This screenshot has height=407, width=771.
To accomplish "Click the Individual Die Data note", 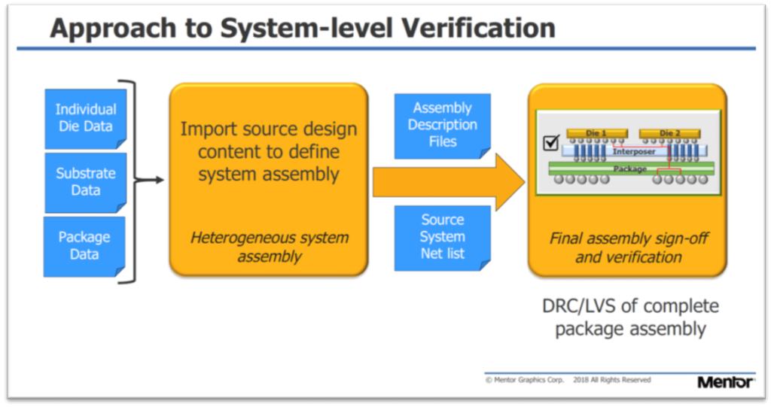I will (86, 118).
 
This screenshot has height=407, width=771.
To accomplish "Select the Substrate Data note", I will (86, 181).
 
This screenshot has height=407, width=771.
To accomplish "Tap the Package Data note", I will (84, 245).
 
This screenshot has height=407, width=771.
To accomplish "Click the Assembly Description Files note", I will (443, 124).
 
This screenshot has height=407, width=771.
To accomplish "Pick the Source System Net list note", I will (443, 236).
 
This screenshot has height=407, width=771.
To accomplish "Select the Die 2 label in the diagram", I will (669, 133).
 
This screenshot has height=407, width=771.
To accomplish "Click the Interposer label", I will (633, 152).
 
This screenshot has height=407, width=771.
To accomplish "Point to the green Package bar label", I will (630, 169).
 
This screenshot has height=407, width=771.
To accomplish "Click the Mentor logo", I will (725, 382).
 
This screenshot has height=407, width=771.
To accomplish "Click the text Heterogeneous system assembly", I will (269, 247).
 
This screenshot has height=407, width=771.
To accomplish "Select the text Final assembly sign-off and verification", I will (629, 248).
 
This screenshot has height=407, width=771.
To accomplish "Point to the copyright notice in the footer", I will (568, 380).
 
